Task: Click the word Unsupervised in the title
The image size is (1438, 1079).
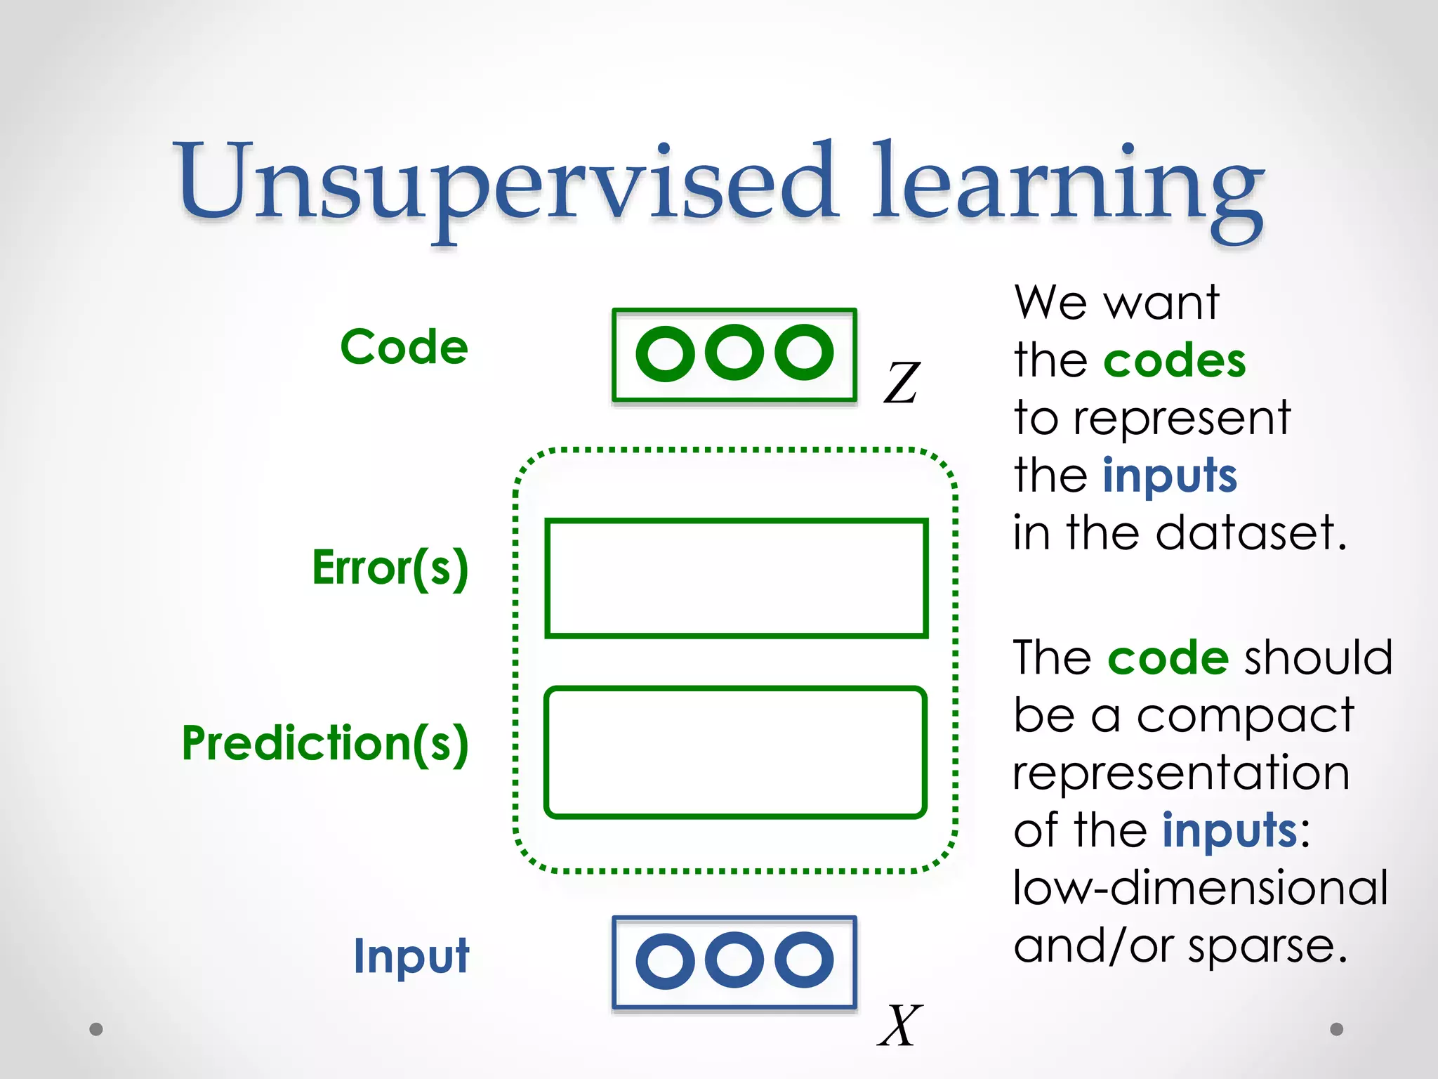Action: click(506, 183)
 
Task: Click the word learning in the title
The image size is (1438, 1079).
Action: click(1067, 186)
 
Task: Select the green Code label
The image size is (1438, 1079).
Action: click(404, 347)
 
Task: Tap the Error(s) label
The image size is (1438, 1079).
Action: click(390, 568)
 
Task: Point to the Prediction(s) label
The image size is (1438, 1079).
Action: click(325, 743)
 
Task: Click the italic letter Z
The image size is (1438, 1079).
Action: click(901, 383)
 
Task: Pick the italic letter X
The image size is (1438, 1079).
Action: click(899, 1026)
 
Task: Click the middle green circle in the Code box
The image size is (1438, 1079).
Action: click(734, 353)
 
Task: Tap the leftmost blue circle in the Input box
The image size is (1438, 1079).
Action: click(665, 960)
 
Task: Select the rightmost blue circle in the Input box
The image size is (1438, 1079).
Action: click(804, 960)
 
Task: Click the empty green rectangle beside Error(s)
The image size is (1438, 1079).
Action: click(736, 578)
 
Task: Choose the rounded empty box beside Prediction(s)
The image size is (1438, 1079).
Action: click(735, 752)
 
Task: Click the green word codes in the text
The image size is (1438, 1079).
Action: click(1174, 361)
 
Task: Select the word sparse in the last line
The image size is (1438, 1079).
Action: click(1267, 947)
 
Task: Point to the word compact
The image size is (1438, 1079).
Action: click(1244, 717)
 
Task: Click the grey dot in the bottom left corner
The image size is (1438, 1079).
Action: click(96, 1029)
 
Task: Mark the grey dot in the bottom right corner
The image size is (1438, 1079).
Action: click(1337, 1029)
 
